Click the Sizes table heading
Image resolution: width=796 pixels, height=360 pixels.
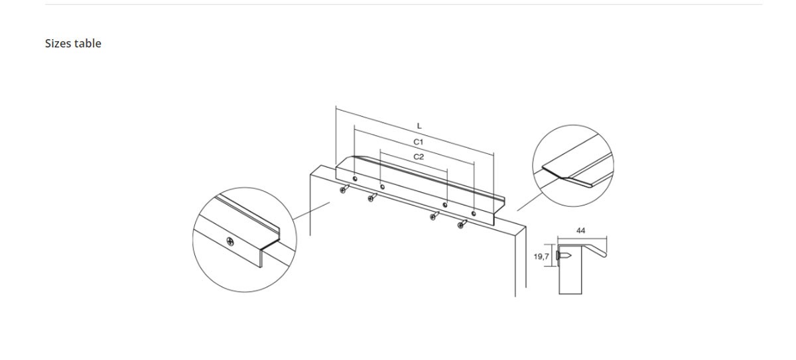coord(73,43)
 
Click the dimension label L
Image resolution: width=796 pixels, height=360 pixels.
coord(419,126)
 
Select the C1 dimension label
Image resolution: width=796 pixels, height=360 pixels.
coord(419,142)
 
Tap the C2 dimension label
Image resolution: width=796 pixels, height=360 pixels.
coord(419,157)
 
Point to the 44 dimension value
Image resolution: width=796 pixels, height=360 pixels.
coord(580,231)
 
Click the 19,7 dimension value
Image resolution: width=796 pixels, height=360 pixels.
coord(541,257)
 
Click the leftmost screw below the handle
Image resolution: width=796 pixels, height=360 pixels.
coord(344,189)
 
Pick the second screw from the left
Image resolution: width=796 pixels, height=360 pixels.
coord(372,198)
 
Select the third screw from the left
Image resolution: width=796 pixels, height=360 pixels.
coord(434,215)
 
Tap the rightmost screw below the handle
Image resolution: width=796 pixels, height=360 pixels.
coord(462,224)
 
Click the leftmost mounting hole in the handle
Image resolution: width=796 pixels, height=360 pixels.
coord(355,178)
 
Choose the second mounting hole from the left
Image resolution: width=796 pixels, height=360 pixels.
coord(382,187)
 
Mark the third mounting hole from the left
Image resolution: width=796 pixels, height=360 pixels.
coord(444,205)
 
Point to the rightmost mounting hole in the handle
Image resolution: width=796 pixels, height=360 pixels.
coord(474,213)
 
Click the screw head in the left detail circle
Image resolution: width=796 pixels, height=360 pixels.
coord(230,242)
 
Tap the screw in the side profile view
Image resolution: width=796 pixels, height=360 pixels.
coord(564,256)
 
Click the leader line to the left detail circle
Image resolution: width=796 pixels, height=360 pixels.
coord(312,211)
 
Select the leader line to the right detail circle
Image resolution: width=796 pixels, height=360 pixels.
coord(529,202)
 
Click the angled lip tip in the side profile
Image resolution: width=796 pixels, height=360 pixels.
coord(604,255)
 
